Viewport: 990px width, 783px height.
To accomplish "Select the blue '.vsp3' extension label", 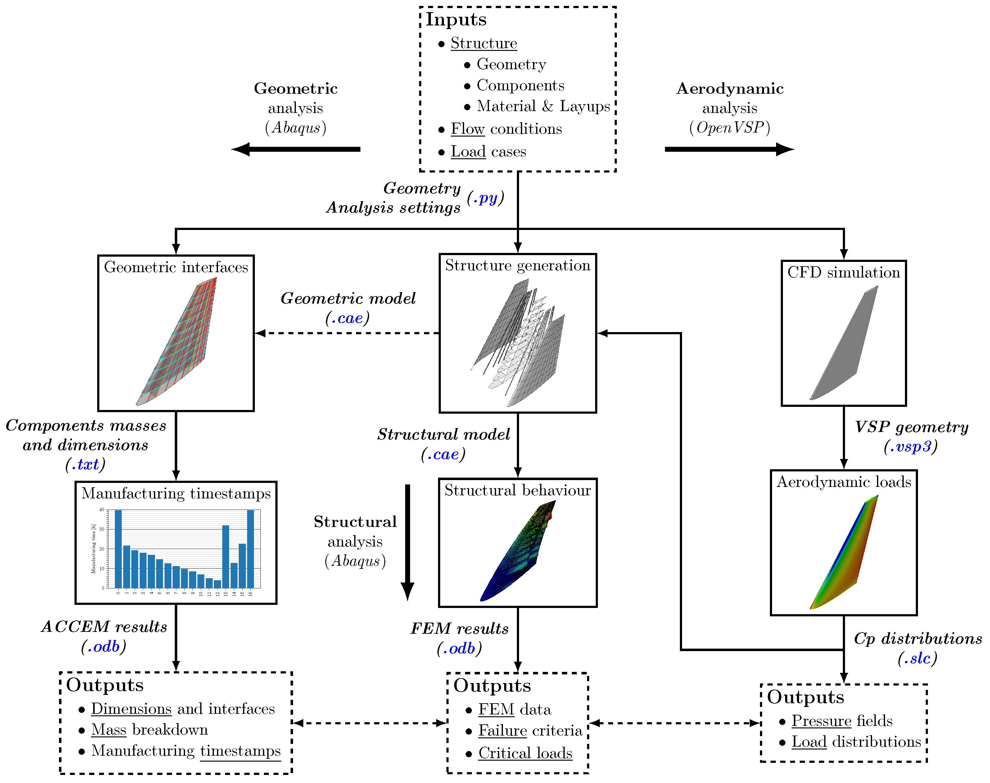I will [x=911, y=447].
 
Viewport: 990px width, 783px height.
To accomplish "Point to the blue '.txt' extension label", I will [x=86, y=464].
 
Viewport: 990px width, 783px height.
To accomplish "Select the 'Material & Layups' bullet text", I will [x=543, y=106].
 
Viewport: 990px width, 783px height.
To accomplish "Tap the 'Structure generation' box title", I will [x=517, y=265].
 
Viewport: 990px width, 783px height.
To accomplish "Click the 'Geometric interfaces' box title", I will [x=176, y=267].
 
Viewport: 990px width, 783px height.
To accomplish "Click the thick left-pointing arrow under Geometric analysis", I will [x=296, y=149].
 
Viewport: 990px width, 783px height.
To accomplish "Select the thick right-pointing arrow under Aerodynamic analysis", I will [x=729, y=149].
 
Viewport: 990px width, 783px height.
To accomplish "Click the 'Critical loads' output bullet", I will [x=525, y=753].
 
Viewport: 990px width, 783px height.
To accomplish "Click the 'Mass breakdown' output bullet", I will [x=150, y=730].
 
